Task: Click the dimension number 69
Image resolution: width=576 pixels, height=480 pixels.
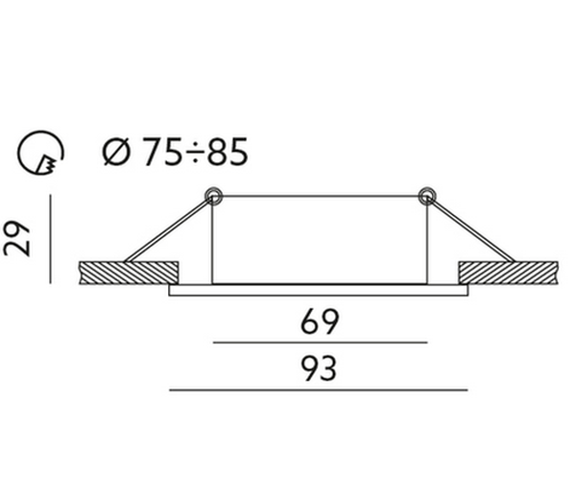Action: click(320, 323)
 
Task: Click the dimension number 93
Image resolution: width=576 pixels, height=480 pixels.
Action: click(319, 369)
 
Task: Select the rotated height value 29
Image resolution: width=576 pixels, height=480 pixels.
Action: click(16, 238)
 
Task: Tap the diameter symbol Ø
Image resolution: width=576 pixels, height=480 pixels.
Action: click(116, 152)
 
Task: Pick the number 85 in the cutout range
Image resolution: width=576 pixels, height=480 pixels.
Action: click(228, 152)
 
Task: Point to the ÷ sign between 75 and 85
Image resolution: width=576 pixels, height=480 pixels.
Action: click(195, 153)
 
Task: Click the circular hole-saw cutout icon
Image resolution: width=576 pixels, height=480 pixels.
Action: click(40, 153)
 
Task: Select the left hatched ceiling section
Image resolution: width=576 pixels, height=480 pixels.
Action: click(129, 273)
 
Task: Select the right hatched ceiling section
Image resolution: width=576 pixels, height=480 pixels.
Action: click(509, 273)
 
